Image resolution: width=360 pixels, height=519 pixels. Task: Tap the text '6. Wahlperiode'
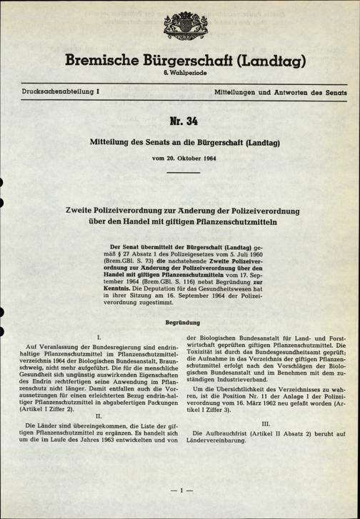179,76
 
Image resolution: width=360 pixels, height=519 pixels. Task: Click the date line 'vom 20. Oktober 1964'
179,157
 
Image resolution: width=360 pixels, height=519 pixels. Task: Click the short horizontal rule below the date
180,171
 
